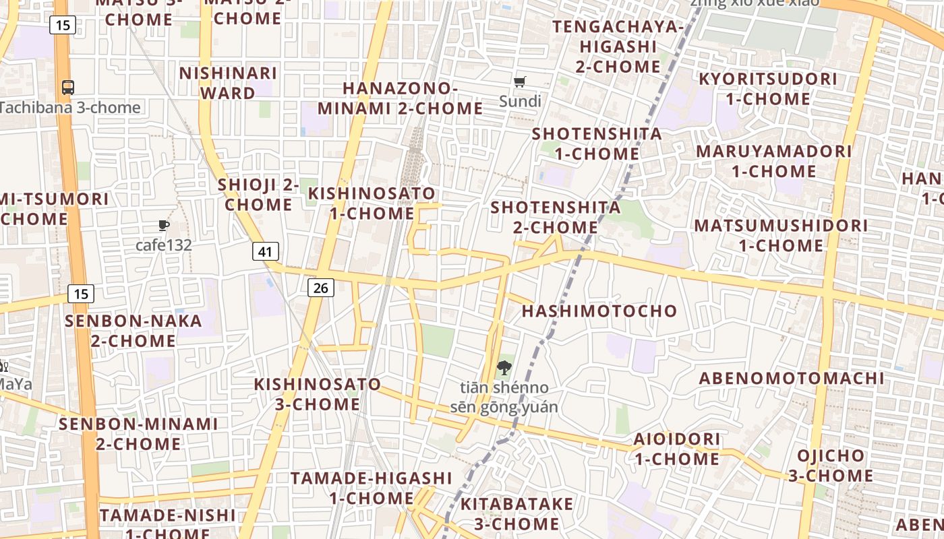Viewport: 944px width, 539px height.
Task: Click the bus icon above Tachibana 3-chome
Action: pos(68,87)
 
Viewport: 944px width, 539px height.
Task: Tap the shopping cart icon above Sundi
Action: pos(519,82)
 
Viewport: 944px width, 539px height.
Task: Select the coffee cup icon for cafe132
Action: pos(163,225)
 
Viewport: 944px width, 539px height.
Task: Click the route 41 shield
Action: pos(266,252)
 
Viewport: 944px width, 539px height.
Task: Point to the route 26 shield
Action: pos(320,288)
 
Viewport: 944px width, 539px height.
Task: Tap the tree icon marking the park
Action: pos(503,368)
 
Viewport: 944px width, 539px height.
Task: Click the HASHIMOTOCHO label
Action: pos(599,311)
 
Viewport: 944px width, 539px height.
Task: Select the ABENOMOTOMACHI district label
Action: pos(791,378)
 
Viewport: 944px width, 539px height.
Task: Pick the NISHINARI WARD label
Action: pos(228,83)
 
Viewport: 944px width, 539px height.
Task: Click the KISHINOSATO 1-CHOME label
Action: pos(372,203)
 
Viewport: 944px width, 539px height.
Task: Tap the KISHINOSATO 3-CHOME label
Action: pos(318,394)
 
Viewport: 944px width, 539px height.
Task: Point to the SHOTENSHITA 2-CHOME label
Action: pos(556,217)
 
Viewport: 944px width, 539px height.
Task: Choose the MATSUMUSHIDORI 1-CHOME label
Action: pos(781,235)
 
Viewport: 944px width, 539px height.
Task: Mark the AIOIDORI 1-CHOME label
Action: pos(676,449)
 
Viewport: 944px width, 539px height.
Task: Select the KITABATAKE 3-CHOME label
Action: pos(517,513)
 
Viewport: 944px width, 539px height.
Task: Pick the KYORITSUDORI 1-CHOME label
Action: pos(767,89)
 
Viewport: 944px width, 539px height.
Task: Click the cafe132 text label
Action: pos(164,245)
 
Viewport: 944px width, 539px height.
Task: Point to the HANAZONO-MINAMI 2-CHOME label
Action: pos(400,98)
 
